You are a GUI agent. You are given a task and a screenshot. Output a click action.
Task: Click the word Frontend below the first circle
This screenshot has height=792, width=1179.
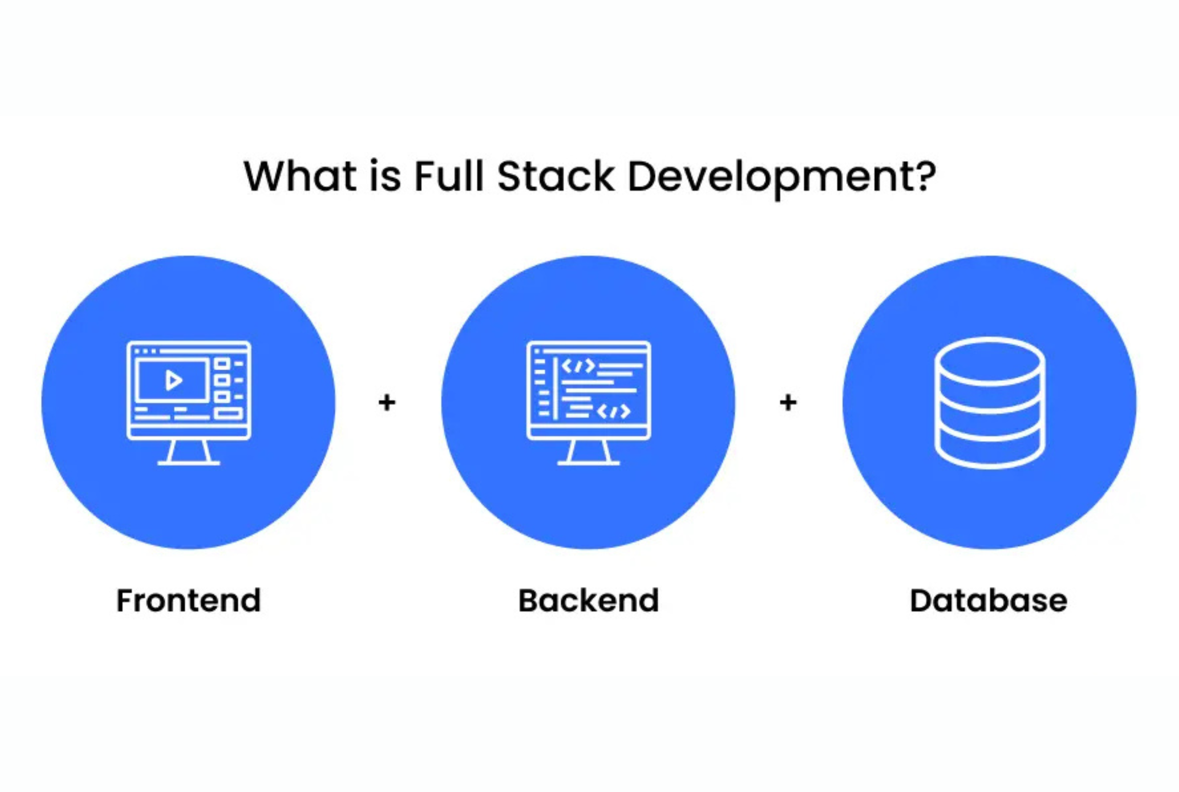point(188,601)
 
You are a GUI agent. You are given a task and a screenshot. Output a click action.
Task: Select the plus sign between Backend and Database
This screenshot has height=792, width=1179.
point(788,403)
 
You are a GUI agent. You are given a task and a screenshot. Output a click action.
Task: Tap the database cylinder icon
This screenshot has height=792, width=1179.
point(990,403)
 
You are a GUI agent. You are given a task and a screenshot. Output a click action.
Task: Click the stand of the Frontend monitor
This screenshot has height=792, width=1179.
point(188,452)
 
